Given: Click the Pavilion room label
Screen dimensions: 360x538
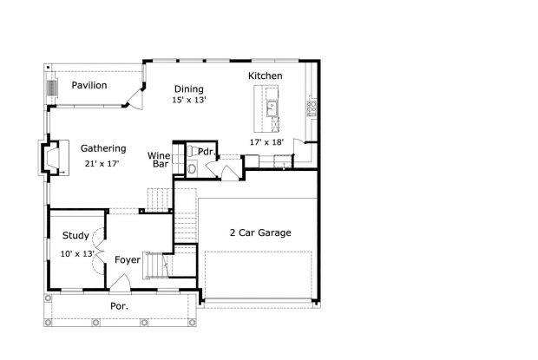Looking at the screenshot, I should pyautogui.click(x=89, y=85).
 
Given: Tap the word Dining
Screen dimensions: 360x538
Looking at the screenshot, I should pyautogui.click(x=189, y=88).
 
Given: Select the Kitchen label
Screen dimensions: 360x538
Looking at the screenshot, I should pyautogui.click(x=266, y=76).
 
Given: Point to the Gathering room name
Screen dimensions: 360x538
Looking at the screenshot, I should pyautogui.click(x=104, y=148).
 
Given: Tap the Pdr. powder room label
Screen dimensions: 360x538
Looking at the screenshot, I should pyautogui.click(x=206, y=151).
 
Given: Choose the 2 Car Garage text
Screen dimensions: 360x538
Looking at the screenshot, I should pyautogui.click(x=259, y=232).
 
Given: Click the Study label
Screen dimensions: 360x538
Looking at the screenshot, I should pyautogui.click(x=75, y=235).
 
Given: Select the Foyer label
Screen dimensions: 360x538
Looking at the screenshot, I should pyautogui.click(x=128, y=259).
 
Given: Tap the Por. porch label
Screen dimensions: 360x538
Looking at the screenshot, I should pyautogui.click(x=119, y=306).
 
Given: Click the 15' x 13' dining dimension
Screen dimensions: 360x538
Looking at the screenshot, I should pyautogui.click(x=189, y=101).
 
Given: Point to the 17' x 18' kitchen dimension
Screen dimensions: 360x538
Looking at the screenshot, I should pyautogui.click(x=266, y=141).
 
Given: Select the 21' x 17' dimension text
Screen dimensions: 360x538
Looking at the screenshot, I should pyautogui.click(x=102, y=163).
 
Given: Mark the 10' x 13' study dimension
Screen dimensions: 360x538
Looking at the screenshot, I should pyautogui.click(x=76, y=253).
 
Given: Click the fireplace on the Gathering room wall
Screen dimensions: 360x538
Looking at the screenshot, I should pyautogui.click(x=52, y=158).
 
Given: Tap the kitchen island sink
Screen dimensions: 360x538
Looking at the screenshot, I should pyautogui.click(x=272, y=108).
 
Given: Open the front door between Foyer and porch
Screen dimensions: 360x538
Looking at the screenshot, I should pyautogui.click(x=121, y=282).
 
